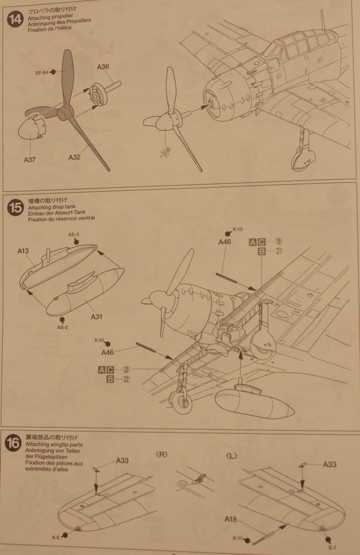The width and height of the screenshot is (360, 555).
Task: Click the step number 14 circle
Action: click(x=14, y=19)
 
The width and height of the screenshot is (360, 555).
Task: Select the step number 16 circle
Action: click(x=14, y=444)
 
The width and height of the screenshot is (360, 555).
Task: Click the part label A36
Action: click(x=102, y=68)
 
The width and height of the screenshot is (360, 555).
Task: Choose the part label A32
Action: click(x=74, y=158)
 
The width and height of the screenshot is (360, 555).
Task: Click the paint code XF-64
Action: click(x=41, y=72)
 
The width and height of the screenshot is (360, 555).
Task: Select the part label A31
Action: click(x=96, y=316)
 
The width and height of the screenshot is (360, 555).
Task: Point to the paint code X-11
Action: click(x=237, y=539)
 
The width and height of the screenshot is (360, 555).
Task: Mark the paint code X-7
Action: click(x=332, y=547)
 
